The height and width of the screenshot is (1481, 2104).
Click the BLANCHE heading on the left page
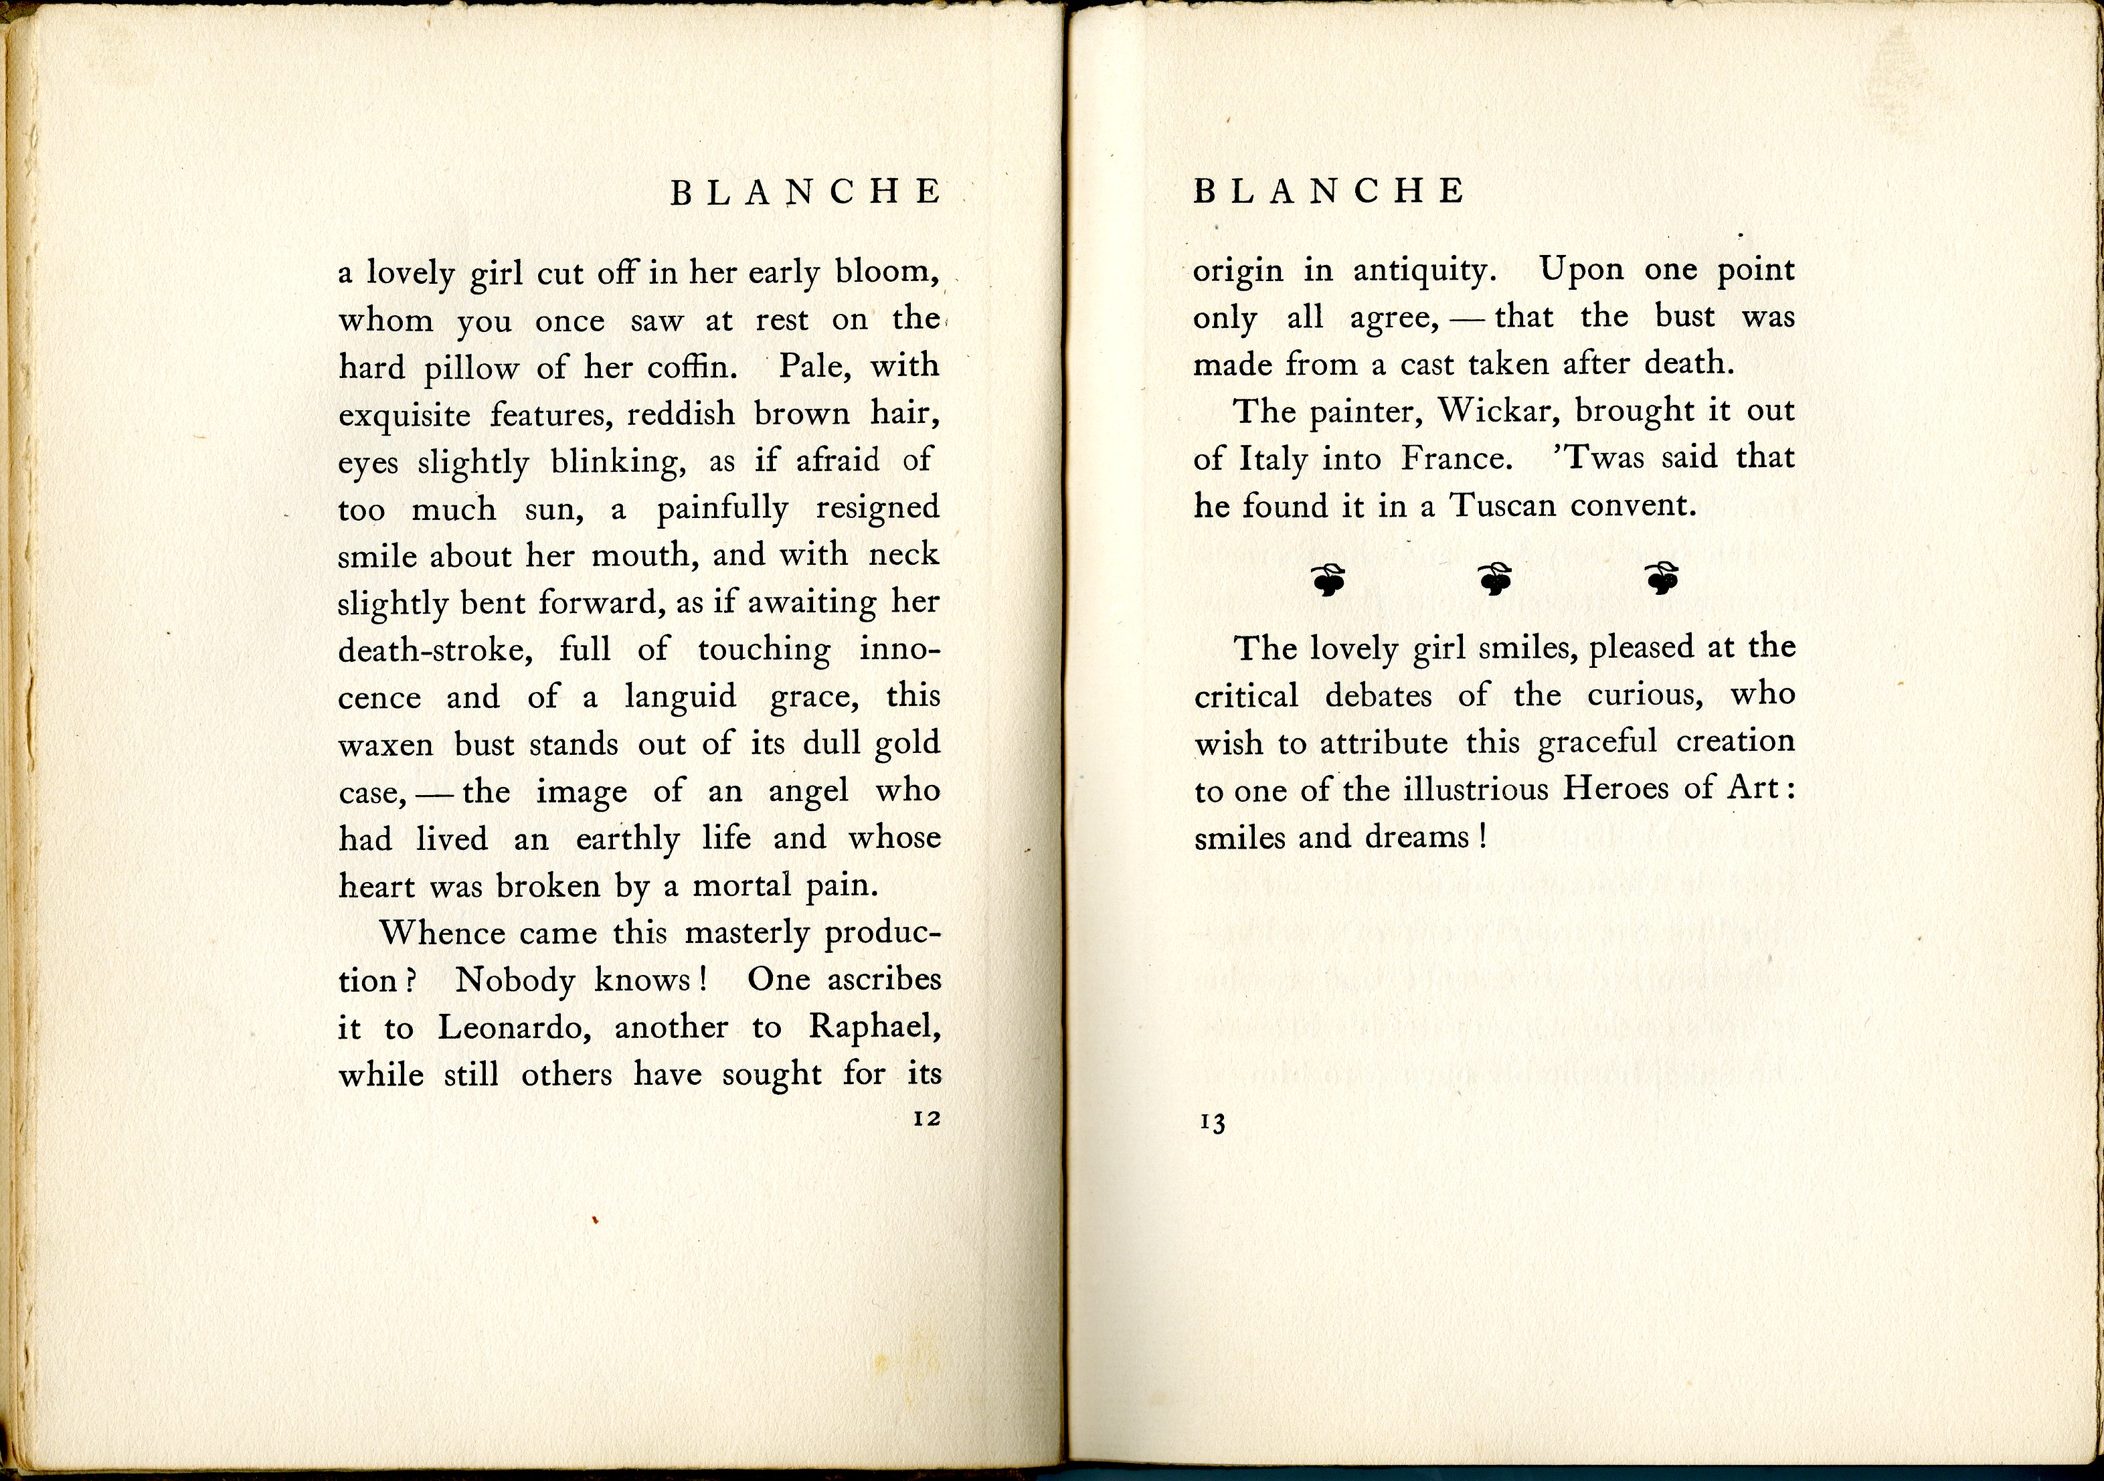806,193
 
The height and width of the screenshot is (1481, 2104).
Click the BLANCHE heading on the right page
1329,191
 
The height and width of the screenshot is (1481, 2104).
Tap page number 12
928,1119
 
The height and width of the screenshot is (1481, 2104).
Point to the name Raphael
874,1027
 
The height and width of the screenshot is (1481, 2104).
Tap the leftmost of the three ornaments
1329,579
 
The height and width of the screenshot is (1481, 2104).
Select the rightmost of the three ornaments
1662,578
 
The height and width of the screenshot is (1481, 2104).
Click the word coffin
691,367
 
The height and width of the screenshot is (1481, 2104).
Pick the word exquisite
404,415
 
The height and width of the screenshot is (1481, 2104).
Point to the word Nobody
515,980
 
